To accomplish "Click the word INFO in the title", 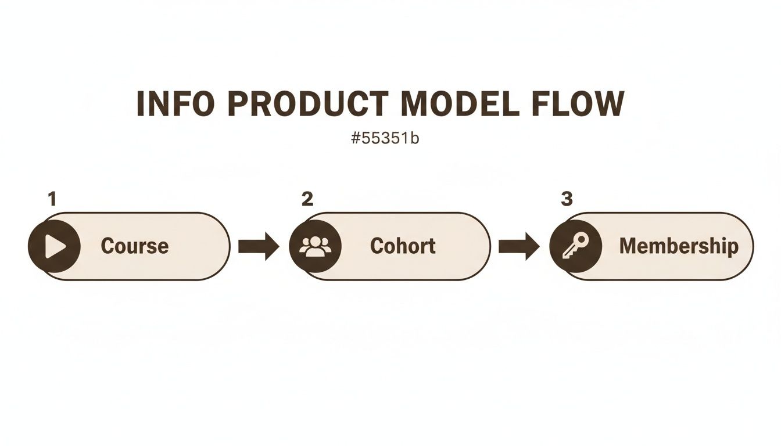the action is tap(174, 103).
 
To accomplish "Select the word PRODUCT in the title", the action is tap(310, 103).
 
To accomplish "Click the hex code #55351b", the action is tap(385, 138).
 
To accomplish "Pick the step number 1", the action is tap(52, 199).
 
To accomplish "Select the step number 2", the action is tap(307, 199).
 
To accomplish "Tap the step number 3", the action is tap(567, 199).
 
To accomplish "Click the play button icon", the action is tap(55, 246).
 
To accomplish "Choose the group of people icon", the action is tap(316, 246).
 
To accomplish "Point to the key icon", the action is tap(576, 246).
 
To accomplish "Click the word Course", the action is tap(135, 246).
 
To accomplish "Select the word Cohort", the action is tap(403, 246).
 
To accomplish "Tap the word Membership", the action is tap(679, 246).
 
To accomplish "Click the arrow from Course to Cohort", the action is tap(259, 246).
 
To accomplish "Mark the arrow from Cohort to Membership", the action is tap(519, 246).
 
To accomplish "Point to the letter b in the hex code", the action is tap(414, 138).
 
